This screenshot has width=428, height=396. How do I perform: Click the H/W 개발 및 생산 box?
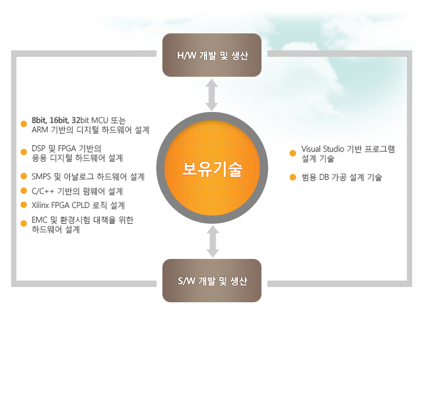click(x=212, y=55)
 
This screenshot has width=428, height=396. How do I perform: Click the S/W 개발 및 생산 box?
click(x=212, y=281)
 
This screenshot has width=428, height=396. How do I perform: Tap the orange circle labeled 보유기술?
click(x=212, y=168)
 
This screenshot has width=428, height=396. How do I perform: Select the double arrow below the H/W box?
click(x=212, y=95)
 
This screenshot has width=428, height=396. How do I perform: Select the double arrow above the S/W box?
click(x=213, y=241)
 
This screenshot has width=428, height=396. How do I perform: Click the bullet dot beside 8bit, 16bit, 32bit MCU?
click(x=24, y=124)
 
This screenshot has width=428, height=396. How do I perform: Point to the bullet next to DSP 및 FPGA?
click(x=24, y=152)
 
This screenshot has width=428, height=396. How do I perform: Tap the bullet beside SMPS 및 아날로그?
click(x=24, y=176)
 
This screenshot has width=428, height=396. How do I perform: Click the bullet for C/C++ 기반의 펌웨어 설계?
click(x=24, y=190)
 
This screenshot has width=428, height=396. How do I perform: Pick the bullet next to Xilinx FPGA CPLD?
click(x=24, y=205)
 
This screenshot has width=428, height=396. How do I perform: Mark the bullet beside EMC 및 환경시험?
click(x=24, y=224)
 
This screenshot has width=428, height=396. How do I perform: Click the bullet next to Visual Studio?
click(x=293, y=153)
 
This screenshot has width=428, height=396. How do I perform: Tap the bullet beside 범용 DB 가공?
click(x=293, y=177)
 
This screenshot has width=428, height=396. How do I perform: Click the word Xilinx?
click(x=40, y=205)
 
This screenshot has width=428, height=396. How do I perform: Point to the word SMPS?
click(x=41, y=177)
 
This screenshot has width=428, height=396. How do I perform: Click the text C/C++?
click(x=43, y=191)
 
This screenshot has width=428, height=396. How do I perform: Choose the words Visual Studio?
click(x=322, y=149)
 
